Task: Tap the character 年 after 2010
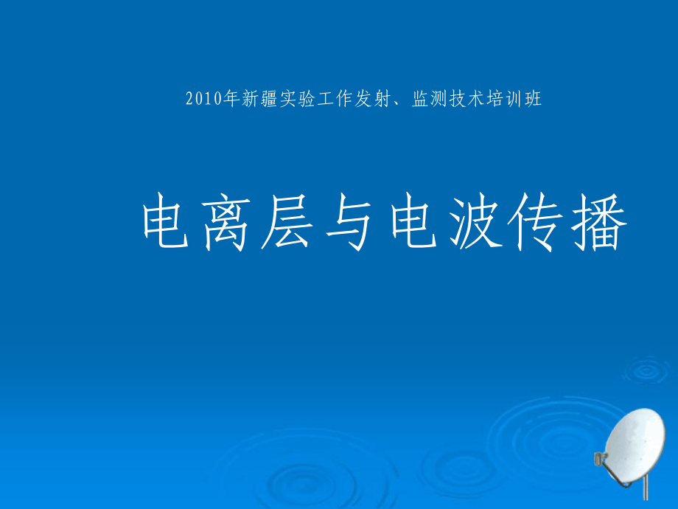coord(232,100)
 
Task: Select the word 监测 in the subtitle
coord(429,100)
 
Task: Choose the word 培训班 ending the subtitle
coord(514,100)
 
